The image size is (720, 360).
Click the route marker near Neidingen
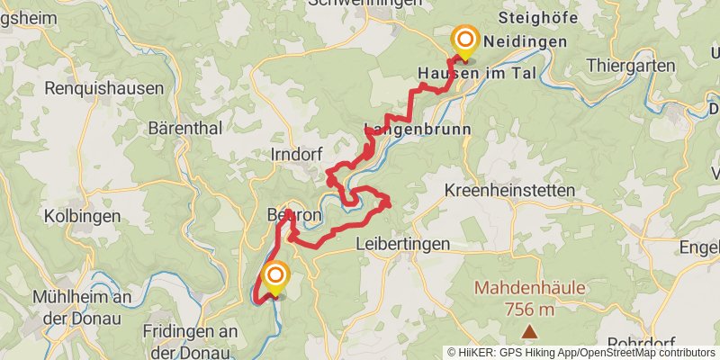click(x=465, y=39)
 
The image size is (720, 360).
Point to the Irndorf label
click(x=296, y=155)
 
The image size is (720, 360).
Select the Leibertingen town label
click(x=402, y=243)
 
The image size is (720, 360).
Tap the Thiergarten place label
click(x=630, y=65)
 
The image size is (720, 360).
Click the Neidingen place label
click(x=525, y=41)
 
